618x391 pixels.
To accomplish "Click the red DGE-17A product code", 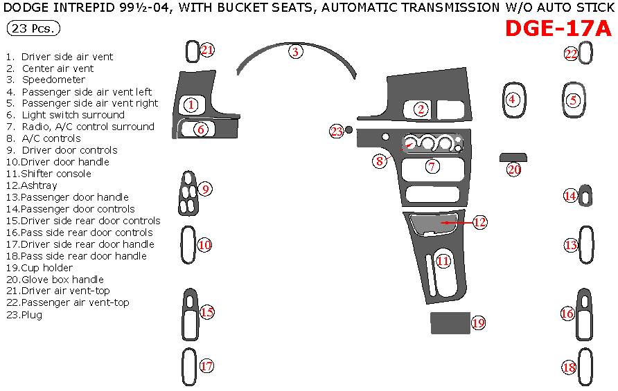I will tap(558, 29).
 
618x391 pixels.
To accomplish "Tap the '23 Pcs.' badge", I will tap(33, 29).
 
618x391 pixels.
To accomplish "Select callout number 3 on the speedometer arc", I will tap(295, 52).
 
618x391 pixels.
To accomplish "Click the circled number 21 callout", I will tap(207, 50).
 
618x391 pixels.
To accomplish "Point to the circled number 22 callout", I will tap(571, 53).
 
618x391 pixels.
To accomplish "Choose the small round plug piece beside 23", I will tap(349, 129).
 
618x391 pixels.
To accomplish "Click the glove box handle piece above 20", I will tap(513, 157).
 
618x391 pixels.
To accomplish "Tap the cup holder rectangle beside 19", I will tap(449, 322).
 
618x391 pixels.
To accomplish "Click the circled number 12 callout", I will tap(479, 222).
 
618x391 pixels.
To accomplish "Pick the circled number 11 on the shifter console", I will tap(443, 261).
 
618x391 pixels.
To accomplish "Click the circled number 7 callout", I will tap(431, 166).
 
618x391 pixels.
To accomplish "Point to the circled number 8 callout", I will tap(380, 161).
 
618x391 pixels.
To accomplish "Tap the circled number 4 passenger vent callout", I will tap(512, 99).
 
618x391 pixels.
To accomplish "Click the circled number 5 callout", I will tap(572, 100).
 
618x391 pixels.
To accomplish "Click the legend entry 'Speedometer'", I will tap(53, 80).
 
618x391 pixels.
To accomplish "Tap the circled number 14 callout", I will tap(570, 196).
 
